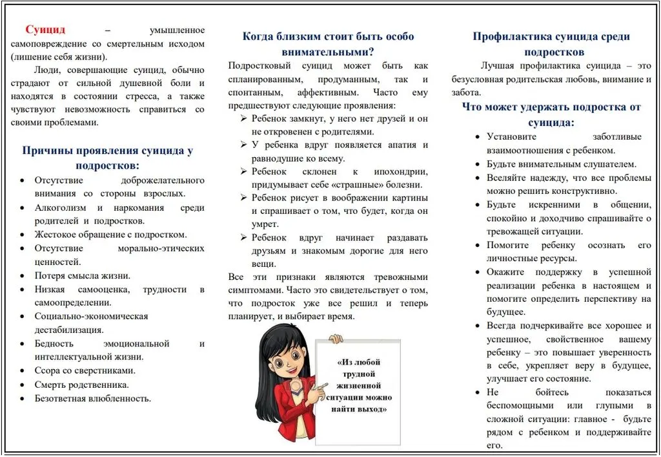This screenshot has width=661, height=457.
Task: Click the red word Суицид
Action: (45, 30)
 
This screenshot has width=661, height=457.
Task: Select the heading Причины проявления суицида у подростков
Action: (108, 158)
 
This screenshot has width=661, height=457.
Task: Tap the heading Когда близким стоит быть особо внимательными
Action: (328, 44)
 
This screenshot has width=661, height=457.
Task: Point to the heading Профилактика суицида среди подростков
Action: (551, 44)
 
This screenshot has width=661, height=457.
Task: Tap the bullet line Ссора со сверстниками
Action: (85, 370)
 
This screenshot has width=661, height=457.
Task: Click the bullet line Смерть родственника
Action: (81, 384)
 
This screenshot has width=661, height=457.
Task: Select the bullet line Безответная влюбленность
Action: (92, 398)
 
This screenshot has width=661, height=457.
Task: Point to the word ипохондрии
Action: (400, 171)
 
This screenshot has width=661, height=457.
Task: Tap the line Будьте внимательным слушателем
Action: (561, 164)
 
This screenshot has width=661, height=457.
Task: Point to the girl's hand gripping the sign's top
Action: (335, 338)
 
